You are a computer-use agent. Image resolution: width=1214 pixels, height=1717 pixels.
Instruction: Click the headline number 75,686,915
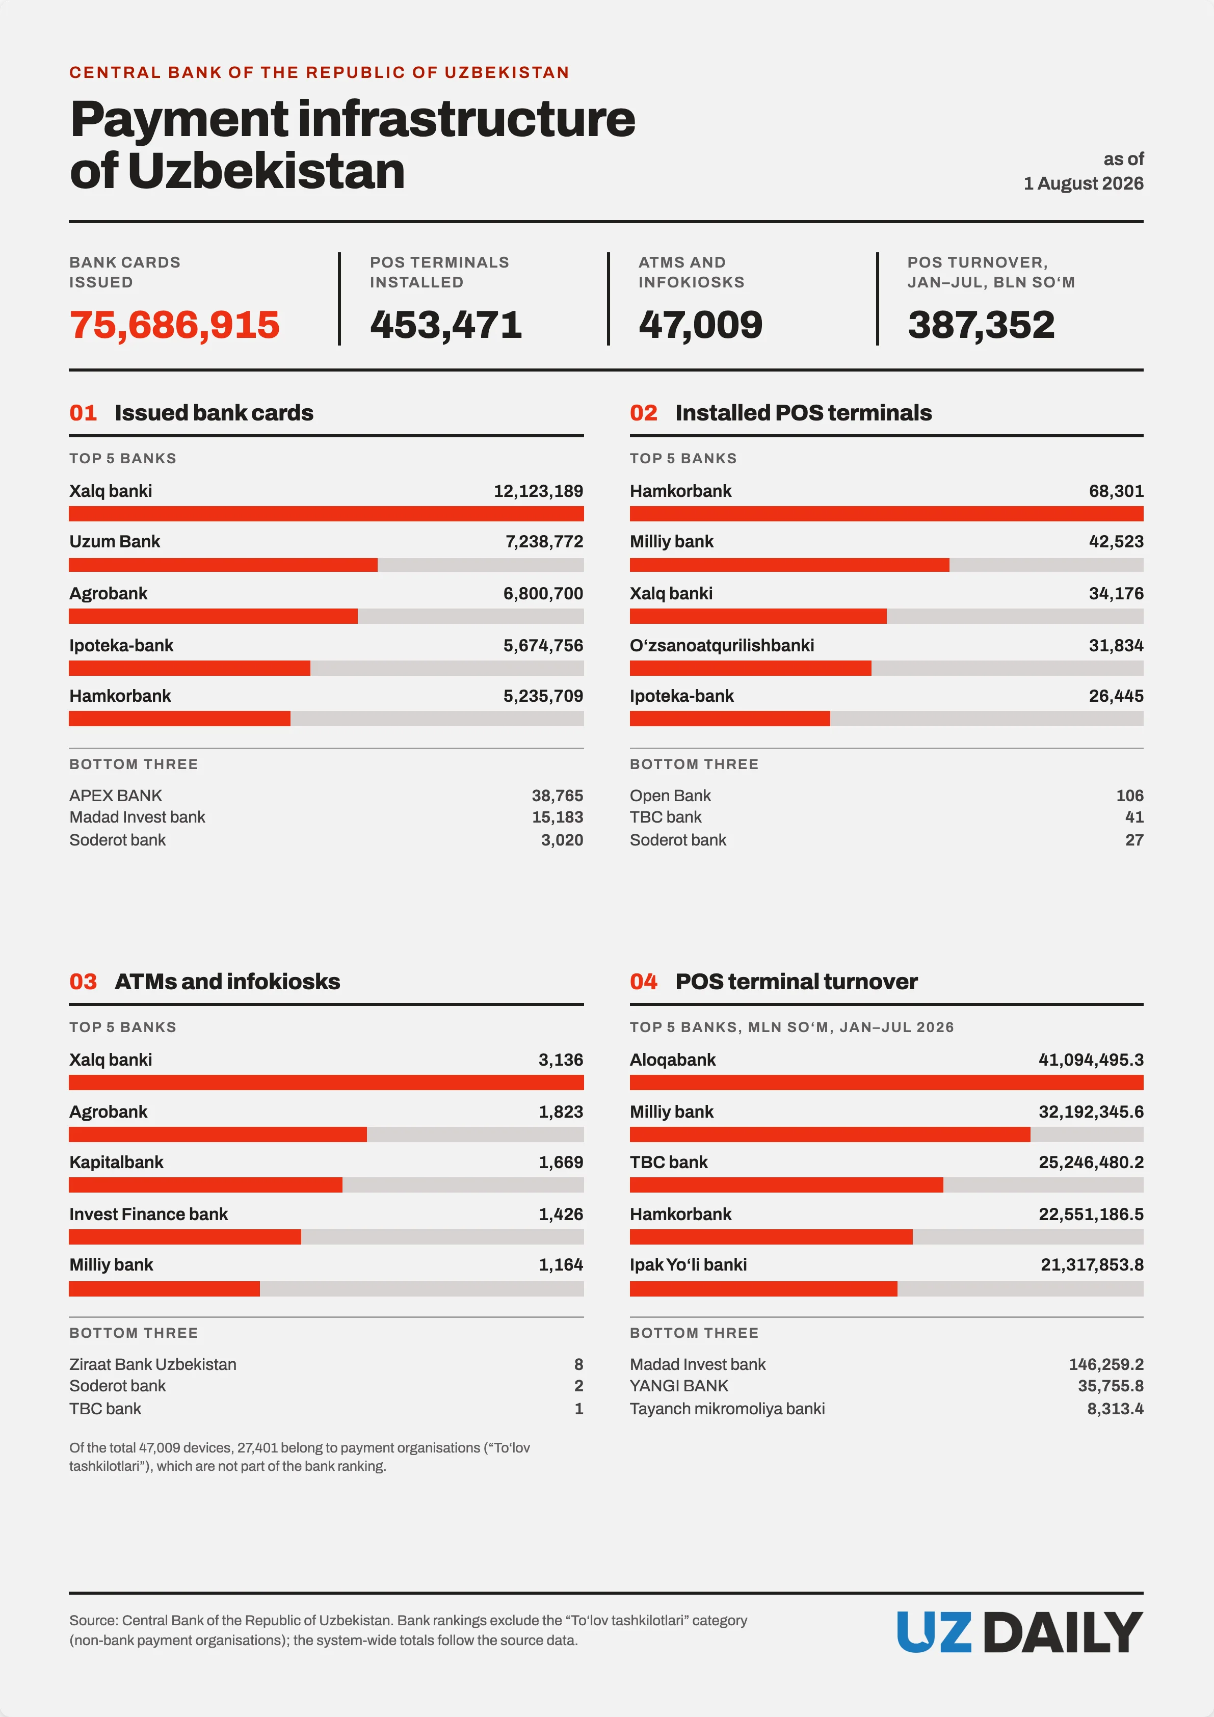click(174, 325)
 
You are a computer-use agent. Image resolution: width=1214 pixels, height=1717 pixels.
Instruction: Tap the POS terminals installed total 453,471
click(446, 325)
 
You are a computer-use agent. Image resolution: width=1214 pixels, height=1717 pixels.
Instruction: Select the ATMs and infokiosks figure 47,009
click(700, 325)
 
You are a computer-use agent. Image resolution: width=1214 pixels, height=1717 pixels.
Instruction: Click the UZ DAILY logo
click(1019, 1632)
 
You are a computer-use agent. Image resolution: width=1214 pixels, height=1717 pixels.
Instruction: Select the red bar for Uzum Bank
click(223, 565)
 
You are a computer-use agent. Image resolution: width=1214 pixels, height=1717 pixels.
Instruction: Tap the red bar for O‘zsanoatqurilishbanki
click(750, 668)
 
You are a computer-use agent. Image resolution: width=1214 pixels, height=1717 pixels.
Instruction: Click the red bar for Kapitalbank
click(206, 1184)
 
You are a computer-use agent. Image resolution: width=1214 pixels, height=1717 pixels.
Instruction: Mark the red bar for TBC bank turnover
click(786, 1184)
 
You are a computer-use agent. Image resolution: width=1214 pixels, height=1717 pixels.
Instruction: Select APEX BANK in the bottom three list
click(115, 796)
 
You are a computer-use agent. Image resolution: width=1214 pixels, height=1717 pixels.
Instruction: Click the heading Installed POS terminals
click(803, 413)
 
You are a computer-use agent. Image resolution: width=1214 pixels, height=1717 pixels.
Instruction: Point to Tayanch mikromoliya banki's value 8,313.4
click(1115, 1409)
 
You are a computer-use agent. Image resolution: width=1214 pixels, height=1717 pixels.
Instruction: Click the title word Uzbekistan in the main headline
click(266, 171)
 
